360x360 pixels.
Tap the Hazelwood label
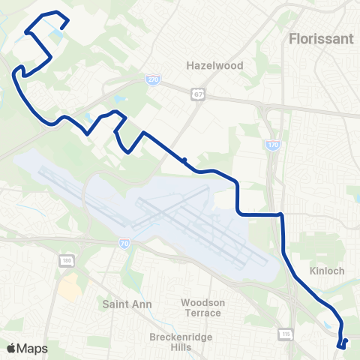tap(215, 65)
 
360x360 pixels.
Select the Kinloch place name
tap(326, 271)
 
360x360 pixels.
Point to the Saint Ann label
tap(127, 304)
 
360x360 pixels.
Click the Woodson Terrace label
tap(202, 307)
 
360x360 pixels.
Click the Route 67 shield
tap(197, 94)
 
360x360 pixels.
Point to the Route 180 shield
tap(65, 259)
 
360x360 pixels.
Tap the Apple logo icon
tap(12, 347)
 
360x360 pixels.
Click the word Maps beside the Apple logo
tap(34, 347)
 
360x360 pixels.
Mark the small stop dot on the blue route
tap(184, 159)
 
